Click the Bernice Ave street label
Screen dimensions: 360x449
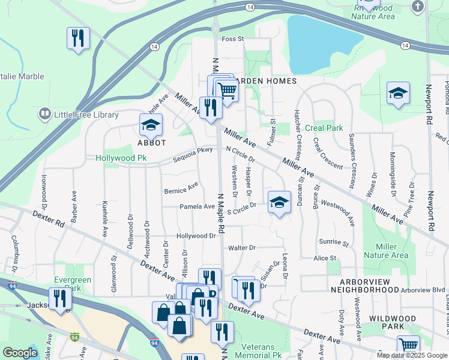(x=181, y=188)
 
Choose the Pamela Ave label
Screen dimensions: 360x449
(x=197, y=206)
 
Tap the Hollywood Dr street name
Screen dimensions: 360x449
(x=196, y=236)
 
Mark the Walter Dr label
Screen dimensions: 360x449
(x=242, y=247)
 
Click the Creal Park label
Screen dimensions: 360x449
(x=324, y=128)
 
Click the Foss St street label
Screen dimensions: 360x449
(x=233, y=39)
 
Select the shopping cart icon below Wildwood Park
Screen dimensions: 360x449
(x=408, y=346)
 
